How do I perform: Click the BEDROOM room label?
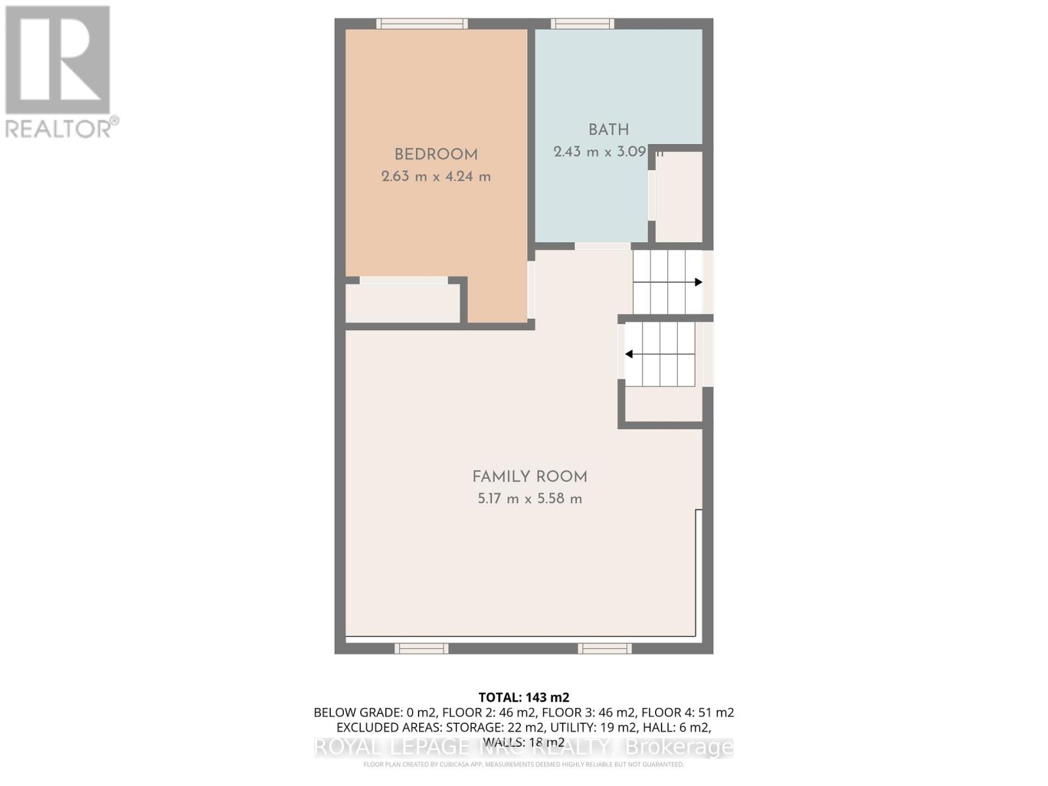[436, 155]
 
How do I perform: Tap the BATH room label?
[608, 130]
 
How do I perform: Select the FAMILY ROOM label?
[529, 477]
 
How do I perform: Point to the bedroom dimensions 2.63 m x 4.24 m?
[436, 176]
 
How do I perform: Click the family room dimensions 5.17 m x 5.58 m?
[529, 498]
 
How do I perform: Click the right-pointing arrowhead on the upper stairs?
[698, 282]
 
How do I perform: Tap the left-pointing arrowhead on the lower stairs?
[629, 354]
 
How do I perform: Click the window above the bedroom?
[422, 24]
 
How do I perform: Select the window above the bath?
[582, 24]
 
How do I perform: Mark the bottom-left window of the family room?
[421, 648]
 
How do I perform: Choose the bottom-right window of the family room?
[605, 648]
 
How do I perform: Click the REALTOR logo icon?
[58, 60]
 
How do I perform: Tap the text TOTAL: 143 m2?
[524, 698]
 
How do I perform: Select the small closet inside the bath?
[679, 196]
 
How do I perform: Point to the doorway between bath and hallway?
[603, 246]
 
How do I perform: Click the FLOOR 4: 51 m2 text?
[687, 713]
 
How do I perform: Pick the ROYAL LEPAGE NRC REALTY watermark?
[524, 747]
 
